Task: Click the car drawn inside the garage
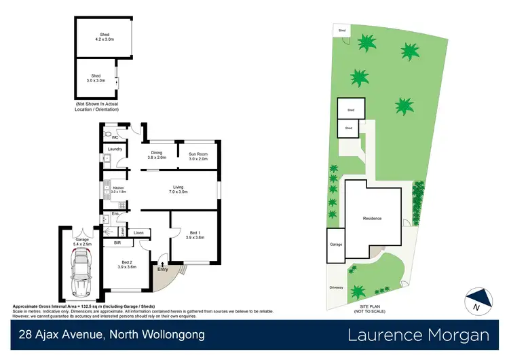click(82, 273)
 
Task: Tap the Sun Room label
click(197, 156)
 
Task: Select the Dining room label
click(157, 156)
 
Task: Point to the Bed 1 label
click(195, 236)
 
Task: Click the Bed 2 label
click(127, 264)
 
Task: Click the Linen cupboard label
click(138, 233)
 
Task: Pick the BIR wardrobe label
click(117, 242)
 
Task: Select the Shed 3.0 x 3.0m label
click(96, 77)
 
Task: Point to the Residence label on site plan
click(372, 219)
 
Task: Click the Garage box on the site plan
click(336, 245)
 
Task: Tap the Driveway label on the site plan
click(335, 288)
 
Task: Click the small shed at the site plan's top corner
click(342, 31)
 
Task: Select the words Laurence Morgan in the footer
click(418, 334)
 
